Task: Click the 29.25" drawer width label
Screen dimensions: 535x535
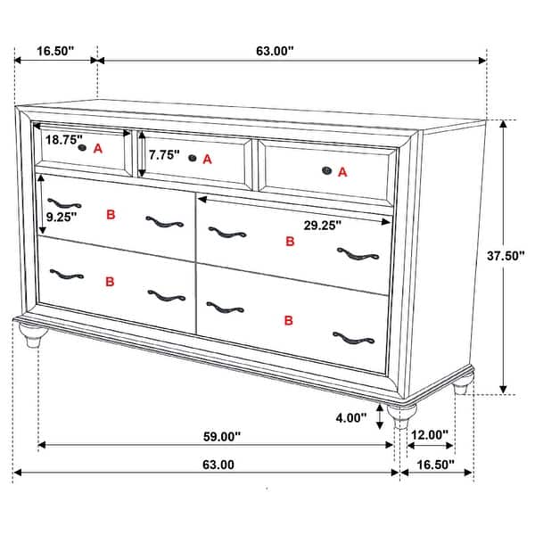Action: point(322,226)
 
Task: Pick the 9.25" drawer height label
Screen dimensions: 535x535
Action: point(62,216)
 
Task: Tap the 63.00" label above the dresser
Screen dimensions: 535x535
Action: point(275,51)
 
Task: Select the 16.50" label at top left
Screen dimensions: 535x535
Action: point(55,51)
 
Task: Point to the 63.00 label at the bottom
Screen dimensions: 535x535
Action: point(218,465)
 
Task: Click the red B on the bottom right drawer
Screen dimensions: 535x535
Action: point(288,320)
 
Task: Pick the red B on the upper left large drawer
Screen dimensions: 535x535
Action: point(111,214)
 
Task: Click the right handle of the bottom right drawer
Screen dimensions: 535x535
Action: point(353,337)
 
